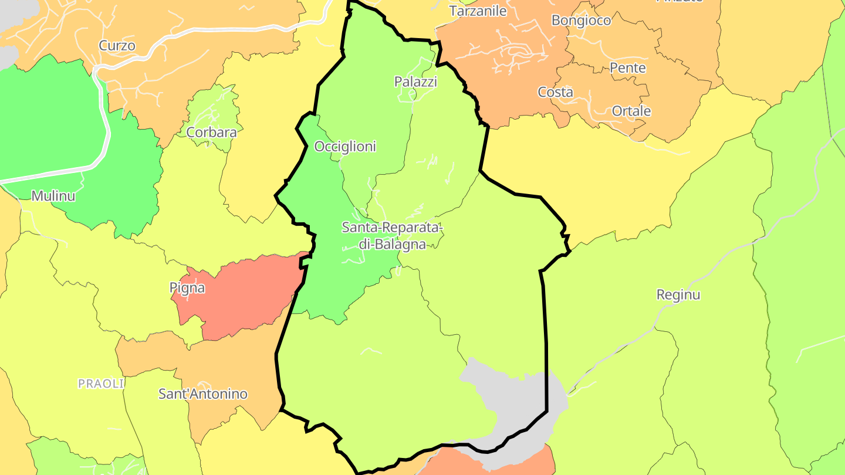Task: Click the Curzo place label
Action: coord(117,45)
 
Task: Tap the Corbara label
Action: coord(211,132)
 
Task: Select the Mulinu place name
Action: coord(53,196)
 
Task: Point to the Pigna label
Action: coord(187,288)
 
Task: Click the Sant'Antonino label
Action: coord(203,394)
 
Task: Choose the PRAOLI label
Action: coord(102,384)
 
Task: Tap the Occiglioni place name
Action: coord(345,147)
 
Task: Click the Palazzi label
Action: coord(415,82)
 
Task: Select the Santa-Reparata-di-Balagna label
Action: coord(391,236)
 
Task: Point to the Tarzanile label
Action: coord(478,11)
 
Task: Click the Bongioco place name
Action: coord(581,21)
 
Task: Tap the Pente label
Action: coord(628,67)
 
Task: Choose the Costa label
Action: coord(555,92)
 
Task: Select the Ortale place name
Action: coord(631,111)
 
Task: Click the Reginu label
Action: coord(678,294)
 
